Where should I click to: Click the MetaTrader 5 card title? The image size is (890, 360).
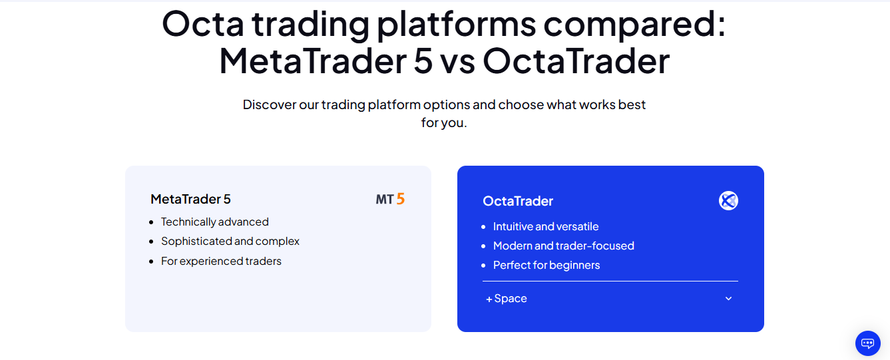pyautogui.click(x=190, y=199)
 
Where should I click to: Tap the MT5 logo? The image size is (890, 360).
pyautogui.click(x=390, y=199)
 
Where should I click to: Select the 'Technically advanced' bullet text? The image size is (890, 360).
pyautogui.click(x=214, y=222)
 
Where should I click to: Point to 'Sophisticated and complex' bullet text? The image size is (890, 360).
pyautogui.click(x=230, y=241)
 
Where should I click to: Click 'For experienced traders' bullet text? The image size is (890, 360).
pyautogui.click(x=221, y=261)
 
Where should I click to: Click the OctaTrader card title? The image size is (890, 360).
pyautogui.click(x=518, y=201)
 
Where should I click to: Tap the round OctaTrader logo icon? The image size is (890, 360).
pyautogui.click(x=728, y=201)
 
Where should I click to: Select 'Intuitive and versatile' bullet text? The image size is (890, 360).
pyautogui.click(x=546, y=226)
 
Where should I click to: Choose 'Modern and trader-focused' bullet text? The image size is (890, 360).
pyautogui.click(x=563, y=246)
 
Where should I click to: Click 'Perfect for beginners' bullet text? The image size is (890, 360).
pyautogui.click(x=547, y=265)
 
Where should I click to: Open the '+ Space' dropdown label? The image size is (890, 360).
pyautogui.click(x=506, y=298)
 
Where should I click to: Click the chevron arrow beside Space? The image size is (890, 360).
pyautogui.click(x=728, y=298)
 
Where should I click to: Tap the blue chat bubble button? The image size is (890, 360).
pyautogui.click(x=868, y=343)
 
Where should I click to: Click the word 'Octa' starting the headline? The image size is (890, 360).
pyautogui.click(x=202, y=24)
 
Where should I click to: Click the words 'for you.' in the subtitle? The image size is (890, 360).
pyautogui.click(x=444, y=123)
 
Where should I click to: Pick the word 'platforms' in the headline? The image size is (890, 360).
pyautogui.click(x=456, y=25)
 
